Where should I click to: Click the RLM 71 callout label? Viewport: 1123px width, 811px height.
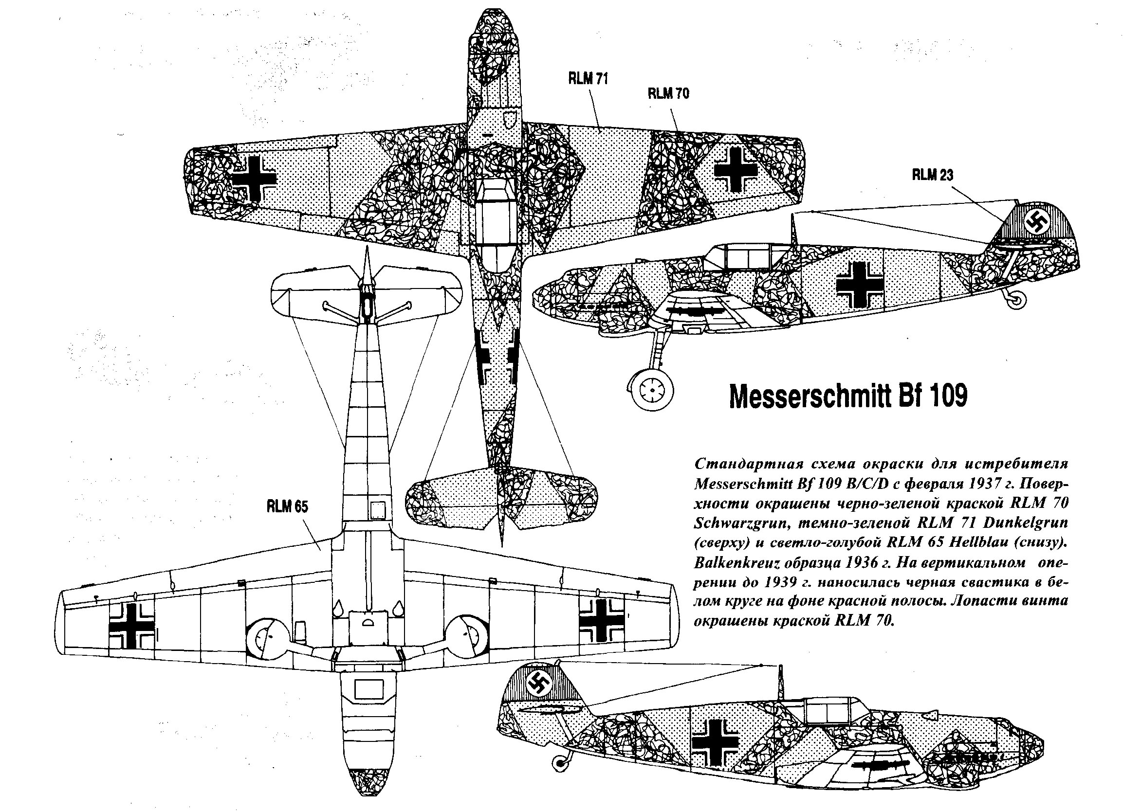[588, 80]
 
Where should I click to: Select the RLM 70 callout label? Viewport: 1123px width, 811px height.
[668, 93]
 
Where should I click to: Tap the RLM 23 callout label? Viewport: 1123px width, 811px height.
[933, 175]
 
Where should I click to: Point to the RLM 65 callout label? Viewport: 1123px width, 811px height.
[287, 506]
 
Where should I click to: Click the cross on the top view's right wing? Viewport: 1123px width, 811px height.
[736, 170]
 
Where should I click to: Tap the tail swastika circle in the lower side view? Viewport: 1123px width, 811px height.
[539, 686]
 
